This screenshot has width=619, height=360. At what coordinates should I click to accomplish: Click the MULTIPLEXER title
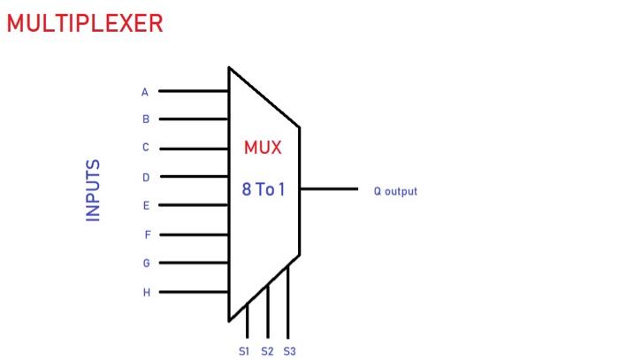(x=85, y=24)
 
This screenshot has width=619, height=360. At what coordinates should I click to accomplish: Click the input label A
(x=145, y=91)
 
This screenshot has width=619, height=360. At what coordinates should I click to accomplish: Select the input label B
(x=146, y=119)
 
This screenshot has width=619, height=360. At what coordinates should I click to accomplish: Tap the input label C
(x=146, y=148)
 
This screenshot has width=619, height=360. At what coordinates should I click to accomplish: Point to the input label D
(x=146, y=177)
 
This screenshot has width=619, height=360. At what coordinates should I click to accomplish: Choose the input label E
(x=146, y=205)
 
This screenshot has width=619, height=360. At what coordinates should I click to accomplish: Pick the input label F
(x=147, y=234)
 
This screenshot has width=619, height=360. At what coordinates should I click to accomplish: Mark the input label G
(x=146, y=264)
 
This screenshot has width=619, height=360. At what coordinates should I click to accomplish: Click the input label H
(x=146, y=292)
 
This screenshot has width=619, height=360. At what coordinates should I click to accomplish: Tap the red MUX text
(x=263, y=148)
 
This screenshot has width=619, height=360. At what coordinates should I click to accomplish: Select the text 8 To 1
(x=264, y=189)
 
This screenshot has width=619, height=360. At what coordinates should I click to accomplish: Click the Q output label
(x=394, y=191)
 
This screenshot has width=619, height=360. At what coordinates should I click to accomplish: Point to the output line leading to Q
(x=329, y=189)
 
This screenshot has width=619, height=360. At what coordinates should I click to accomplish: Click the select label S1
(x=245, y=351)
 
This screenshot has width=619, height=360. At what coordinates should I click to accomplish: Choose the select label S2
(x=267, y=351)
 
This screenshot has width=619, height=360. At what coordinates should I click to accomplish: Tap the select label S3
(x=289, y=351)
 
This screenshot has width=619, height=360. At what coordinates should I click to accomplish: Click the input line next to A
(x=193, y=91)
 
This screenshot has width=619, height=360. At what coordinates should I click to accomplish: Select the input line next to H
(x=193, y=292)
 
